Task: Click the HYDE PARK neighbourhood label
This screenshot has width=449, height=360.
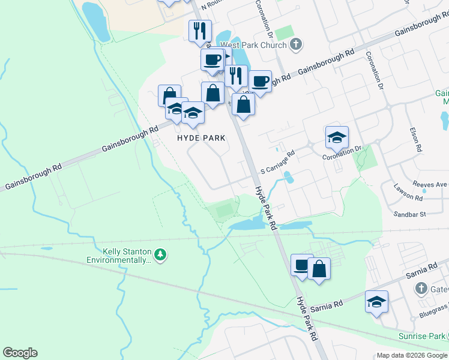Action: pos(201,138)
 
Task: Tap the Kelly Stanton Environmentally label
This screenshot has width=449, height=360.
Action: pos(118,255)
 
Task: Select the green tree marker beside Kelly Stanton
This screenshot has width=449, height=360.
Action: pos(160,255)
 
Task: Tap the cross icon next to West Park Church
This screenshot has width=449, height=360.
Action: pos(295,44)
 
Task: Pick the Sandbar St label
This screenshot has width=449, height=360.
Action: pos(410,213)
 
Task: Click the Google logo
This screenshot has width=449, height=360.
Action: pos(20,353)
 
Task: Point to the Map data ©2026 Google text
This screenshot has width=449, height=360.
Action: pos(411,355)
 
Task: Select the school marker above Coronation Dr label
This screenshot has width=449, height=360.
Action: pos(337,137)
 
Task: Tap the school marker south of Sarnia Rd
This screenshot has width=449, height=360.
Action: pos(376,301)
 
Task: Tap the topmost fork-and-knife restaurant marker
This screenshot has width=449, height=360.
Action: pos(200,31)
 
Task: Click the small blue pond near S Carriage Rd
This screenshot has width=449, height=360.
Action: pos(288,178)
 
